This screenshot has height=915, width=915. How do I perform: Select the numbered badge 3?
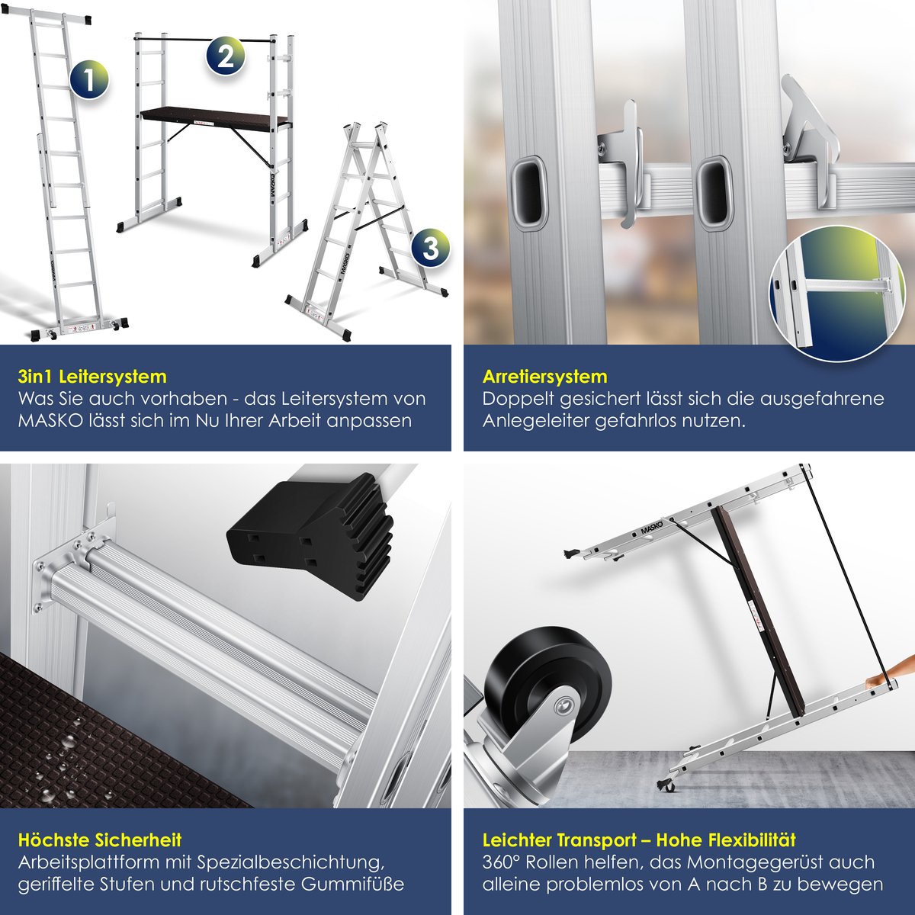pos(429,249)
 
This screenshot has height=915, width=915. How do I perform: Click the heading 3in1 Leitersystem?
pos(91,377)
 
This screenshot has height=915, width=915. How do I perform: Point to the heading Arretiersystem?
pos(545,377)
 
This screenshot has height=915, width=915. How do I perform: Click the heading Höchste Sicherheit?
pos(99,840)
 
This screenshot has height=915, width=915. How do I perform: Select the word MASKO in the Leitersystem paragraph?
pos(50,421)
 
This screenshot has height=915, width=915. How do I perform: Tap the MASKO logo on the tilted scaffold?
pos(654,525)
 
